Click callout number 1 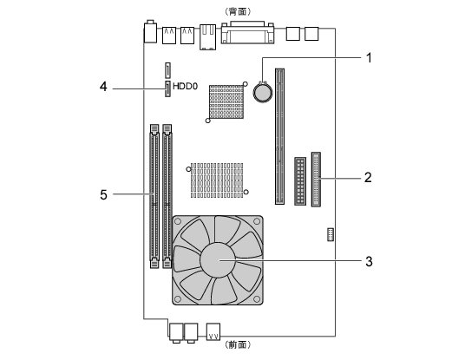pyautogui.click(x=369, y=58)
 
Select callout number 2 pyautogui.click(x=368, y=177)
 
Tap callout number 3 pyautogui.click(x=369, y=262)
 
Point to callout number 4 pyautogui.click(x=103, y=87)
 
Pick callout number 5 pyautogui.click(x=103, y=195)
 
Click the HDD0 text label pyautogui.click(x=185, y=86)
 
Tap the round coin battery pyautogui.click(x=263, y=92)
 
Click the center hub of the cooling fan pyautogui.click(x=218, y=260)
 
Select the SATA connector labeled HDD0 pyautogui.click(x=167, y=89)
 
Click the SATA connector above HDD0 pyautogui.click(x=167, y=70)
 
